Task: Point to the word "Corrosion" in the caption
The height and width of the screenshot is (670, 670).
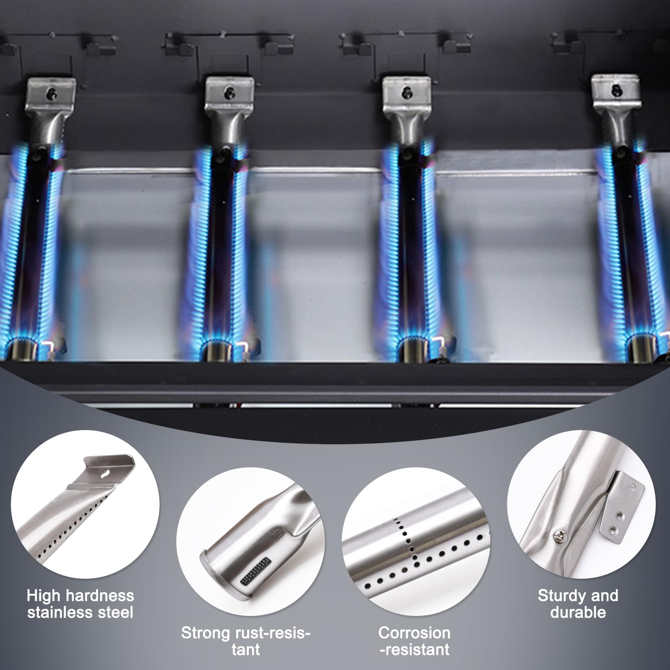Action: point(414,633)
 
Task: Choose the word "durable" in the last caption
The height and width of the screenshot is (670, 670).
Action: point(578,612)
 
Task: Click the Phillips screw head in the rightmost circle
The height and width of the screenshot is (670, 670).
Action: point(561,534)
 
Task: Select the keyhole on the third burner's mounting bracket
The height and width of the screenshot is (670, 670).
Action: point(405,93)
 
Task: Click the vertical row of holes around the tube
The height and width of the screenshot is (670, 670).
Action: point(406,541)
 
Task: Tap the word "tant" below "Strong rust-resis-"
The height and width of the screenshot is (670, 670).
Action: point(246,650)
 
